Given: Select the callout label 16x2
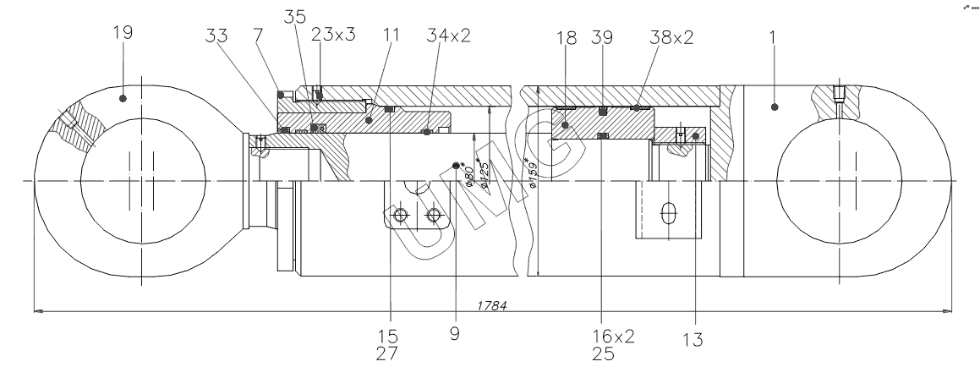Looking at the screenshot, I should click(x=613, y=336).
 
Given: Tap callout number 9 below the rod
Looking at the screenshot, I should click(x=457, y=337).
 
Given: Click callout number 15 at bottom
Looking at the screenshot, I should click(x=390, y=337).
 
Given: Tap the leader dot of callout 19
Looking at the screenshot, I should click(x=123, y=98).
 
